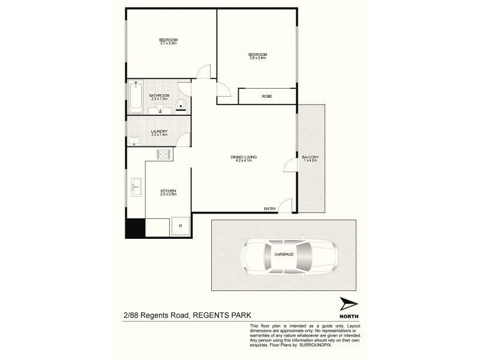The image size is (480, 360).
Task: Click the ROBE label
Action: click(267, 96)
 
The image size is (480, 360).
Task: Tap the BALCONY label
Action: click(311, 157)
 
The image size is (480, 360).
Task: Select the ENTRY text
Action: click(270, 209)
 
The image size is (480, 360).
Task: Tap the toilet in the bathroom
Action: click(183, 107)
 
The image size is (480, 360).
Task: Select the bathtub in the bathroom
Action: click(135, 98)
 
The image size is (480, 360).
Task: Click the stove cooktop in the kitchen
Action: click(163, 154)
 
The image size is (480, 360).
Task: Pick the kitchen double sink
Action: click(136, 188)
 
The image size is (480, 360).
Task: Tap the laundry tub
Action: click(134, 142)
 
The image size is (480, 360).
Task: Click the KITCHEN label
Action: click(167, 191)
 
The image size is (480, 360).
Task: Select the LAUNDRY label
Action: click(159, 131)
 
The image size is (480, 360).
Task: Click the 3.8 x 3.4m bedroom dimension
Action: click(257, 58)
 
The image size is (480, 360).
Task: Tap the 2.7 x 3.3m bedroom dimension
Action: click(169, 43)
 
